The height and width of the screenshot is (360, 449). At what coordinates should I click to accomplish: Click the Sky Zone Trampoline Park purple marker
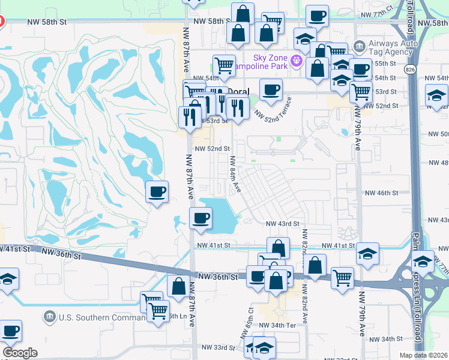(295, 61)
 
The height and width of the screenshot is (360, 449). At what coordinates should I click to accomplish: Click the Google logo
(19, 353)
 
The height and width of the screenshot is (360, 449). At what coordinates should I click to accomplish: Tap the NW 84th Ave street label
(235, 175)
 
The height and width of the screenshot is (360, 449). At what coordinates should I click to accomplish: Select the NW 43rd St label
(282, 223)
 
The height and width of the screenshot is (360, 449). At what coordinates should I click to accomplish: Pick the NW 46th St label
(382, 193)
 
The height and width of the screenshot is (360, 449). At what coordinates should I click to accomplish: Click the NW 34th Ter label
(277, 325)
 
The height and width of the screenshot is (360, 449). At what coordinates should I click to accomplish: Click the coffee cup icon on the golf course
(157, 192)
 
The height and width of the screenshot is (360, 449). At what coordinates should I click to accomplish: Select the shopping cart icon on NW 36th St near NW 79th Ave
(342, 277)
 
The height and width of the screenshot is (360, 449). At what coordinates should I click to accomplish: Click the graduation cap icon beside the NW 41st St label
(367, 253)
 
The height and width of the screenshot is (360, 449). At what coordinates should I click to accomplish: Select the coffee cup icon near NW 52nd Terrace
(270, 90)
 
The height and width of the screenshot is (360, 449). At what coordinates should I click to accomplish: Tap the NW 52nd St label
(211, 148)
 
